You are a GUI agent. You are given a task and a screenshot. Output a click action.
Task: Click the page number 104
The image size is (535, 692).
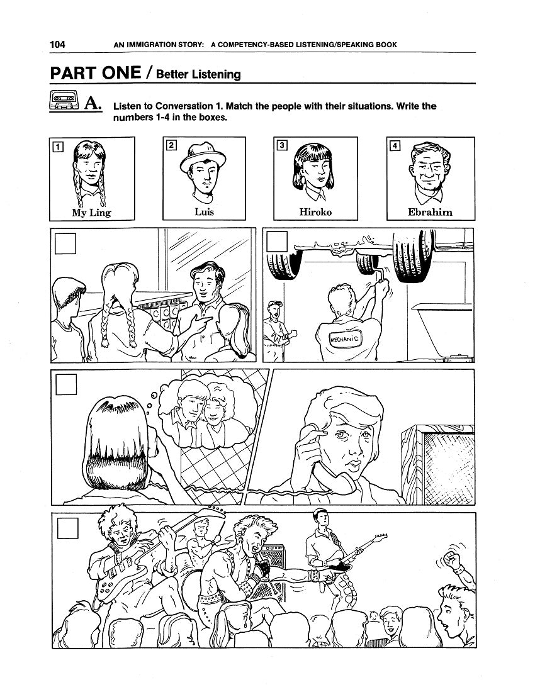coord(57,44)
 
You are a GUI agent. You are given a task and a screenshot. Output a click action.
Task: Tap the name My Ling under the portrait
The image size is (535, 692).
coord(91,213)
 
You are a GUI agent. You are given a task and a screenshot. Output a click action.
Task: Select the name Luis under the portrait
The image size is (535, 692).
coord(205,212)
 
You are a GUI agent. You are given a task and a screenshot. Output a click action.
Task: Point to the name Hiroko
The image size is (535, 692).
coord(315,212)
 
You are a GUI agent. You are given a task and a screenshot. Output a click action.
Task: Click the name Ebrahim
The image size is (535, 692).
coord(430,212)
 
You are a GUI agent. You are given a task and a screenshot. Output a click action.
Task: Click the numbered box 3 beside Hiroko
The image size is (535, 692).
coord(281,145)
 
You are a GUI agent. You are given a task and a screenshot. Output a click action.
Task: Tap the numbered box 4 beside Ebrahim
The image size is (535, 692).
coord(395,145)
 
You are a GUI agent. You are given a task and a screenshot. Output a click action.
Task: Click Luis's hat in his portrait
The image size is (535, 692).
coord(203,157)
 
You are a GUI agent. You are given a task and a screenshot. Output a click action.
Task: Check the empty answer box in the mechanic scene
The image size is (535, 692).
coord(277,242)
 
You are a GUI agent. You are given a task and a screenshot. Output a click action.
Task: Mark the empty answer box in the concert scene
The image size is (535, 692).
coord(67,528)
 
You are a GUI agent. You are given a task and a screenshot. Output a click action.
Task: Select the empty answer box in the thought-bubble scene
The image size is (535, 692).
coord(66,384)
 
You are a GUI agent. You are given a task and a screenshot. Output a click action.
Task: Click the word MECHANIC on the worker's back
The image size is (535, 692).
coord(345,339)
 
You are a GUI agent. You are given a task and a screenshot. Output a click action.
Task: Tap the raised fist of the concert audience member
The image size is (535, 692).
coord(453,562)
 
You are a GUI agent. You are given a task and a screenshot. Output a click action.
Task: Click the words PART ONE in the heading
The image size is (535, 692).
coord(95,73)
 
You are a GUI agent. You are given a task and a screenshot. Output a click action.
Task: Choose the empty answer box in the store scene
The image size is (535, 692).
coord(65,243)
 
